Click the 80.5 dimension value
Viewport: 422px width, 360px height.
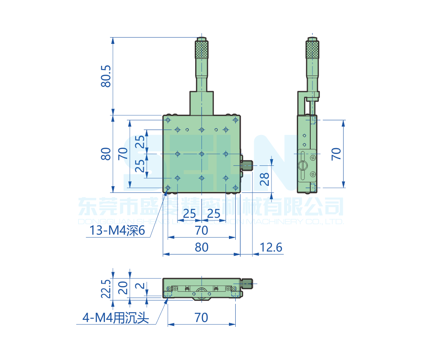click(106, 76)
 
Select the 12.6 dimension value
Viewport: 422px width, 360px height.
click(271, 247)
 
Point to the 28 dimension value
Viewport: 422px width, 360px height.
click(265, 179)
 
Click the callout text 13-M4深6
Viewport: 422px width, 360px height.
click(117, 231)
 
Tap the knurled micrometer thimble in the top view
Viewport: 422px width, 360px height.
click(202, 50)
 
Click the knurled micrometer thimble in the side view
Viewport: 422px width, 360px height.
click(312, 50)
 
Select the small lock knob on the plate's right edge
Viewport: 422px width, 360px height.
click(247, 165)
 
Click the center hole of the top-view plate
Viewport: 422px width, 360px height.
click(202, 154)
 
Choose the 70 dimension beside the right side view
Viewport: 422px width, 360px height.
click(336, 154)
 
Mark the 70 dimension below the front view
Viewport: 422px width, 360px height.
click(202, 317)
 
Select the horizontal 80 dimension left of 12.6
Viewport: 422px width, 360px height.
click(202, 247)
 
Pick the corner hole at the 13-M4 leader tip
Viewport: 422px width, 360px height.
click(168, 188)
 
